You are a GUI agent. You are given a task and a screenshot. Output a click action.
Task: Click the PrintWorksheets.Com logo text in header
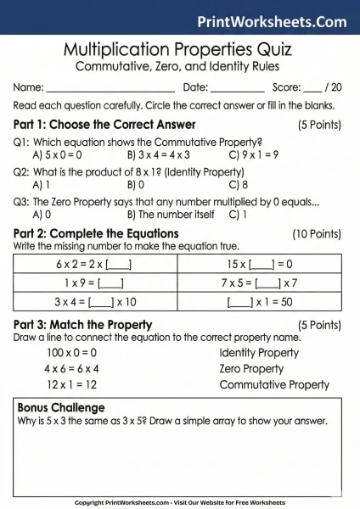pyautogui.click(x=272, y=21)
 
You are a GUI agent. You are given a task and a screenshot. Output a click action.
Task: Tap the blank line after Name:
pyautogui.click(x=110, y=88)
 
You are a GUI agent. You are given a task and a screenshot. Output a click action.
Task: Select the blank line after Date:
pyautogui.click(x=237, y=88)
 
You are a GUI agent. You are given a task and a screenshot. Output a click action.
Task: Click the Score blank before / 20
pyautogui.click(x=312, y=88)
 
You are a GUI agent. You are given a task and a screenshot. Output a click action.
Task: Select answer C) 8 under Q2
pyautogui.click(x=239, y=184)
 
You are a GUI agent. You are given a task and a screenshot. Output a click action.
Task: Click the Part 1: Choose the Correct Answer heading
pyautogui.click(x=104, y=125)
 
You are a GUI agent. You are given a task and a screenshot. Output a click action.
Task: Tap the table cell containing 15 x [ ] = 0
pyautogui.click(x=260, y=264)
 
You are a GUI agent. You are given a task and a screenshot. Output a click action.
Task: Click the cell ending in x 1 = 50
pyautogui.click(x=260, y=301)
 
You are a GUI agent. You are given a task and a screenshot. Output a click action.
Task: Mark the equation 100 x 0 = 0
pyautogui.click(x=71, y=352)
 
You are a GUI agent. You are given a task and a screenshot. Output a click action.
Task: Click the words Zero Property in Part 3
pyautogui.click(x=251, y=369)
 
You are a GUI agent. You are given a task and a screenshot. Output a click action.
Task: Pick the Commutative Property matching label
pyautogui.click(x=274, y=385)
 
